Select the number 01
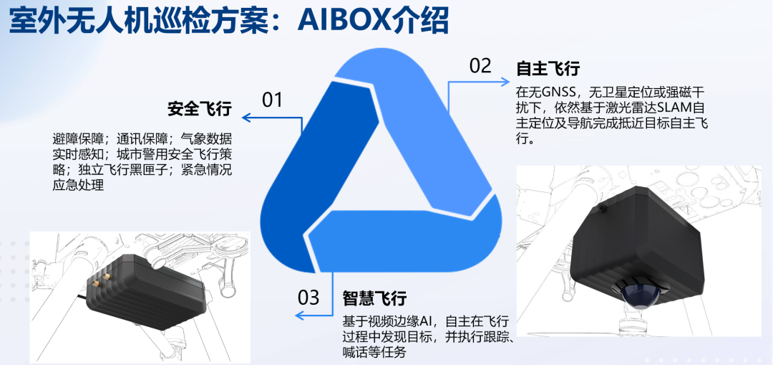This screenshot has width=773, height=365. pos(273,100)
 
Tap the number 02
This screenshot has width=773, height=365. pos(480,66)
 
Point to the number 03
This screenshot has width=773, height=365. pos(308,296)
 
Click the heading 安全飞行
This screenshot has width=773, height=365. pos(200,109)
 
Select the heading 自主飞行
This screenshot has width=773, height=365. pos(548,69)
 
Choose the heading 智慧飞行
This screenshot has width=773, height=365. pos(374,298)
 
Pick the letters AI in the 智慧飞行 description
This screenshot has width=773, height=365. pos(427,320)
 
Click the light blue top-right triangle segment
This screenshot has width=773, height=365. pos(429,122)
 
